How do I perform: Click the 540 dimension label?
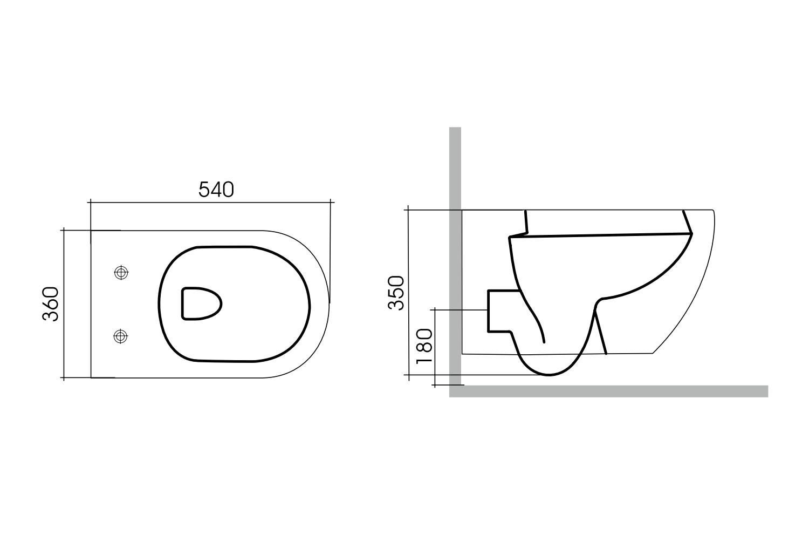[x=216, y=190]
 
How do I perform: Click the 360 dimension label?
[x=51, y=304]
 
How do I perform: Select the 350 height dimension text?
[x=396, y=293]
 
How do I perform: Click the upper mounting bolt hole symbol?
[x=121, y=273]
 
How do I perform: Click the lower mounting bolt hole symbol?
[x=121, y=336]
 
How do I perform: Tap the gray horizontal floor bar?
[x=609, y=391]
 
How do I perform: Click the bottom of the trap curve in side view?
[x=549, y=374]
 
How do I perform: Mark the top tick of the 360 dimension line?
[x=64, y=230]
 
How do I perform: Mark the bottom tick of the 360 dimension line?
[x=64, y=377]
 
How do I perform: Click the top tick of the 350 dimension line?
[x=409, y=209]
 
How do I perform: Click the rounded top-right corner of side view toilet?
[x=713, y=211]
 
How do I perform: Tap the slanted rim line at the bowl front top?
[x=687, y=222]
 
